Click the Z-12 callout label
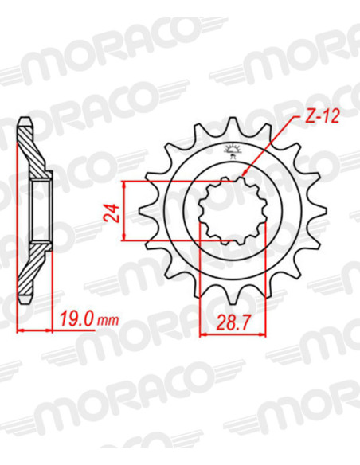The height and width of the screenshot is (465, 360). (x=322, y=116)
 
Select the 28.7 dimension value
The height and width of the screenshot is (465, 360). (x=233, y=323)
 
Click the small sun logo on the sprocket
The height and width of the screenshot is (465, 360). (x=233, y=150)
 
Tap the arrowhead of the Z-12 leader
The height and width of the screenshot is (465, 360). (x=244, y=174)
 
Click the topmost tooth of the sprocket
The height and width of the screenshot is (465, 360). (x=233, y=125)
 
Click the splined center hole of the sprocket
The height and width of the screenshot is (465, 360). (x=233, y=211)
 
